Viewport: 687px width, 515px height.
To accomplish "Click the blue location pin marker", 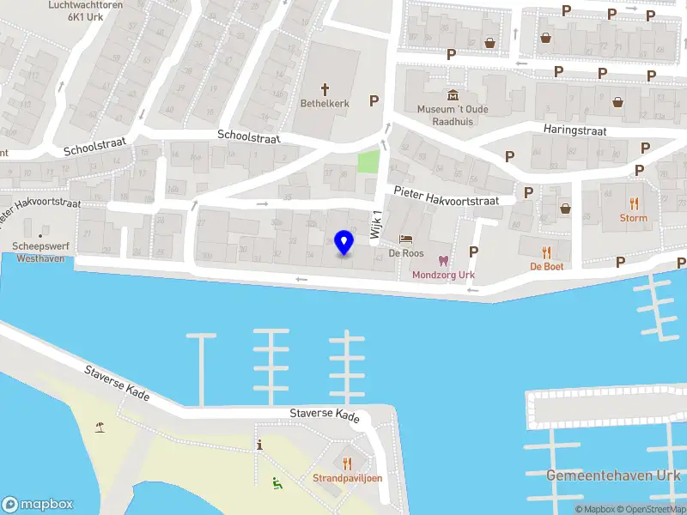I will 344,243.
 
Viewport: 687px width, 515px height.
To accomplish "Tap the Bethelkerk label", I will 325,103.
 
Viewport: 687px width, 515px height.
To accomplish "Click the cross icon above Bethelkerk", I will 325,88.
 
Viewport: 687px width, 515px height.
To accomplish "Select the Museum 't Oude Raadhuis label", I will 453,115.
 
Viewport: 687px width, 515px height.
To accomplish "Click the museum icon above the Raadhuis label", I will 453,95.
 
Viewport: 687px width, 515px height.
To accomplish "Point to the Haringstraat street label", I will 575,130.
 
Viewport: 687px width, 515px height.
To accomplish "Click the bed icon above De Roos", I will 406,239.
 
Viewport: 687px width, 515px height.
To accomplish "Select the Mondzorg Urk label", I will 443,275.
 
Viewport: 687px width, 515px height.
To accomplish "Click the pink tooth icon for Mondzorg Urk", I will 443,261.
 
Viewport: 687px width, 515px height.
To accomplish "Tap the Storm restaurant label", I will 634,218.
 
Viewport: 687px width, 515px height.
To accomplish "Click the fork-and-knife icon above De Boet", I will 546,251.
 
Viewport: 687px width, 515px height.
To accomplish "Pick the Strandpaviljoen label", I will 347,478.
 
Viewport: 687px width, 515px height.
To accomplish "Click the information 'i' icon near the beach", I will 259,444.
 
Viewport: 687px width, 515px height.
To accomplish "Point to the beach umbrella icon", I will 100,427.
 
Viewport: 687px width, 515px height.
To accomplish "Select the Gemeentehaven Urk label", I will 613,475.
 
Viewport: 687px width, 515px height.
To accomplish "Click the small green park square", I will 368,161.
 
